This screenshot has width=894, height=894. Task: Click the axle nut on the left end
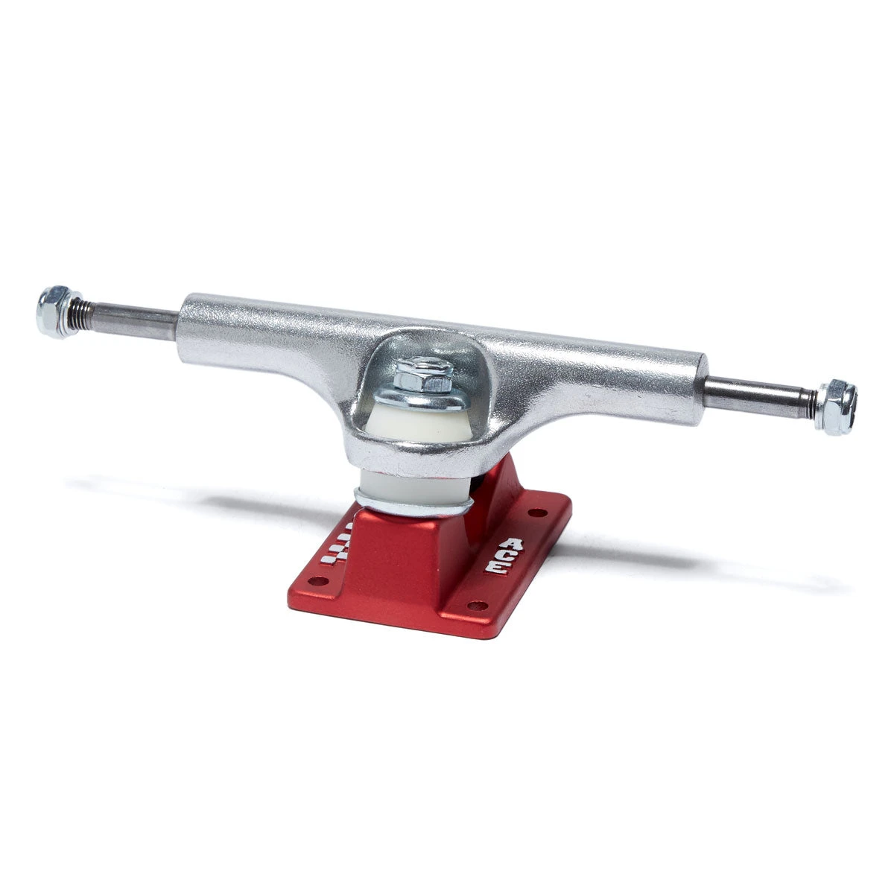pos(54,312)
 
